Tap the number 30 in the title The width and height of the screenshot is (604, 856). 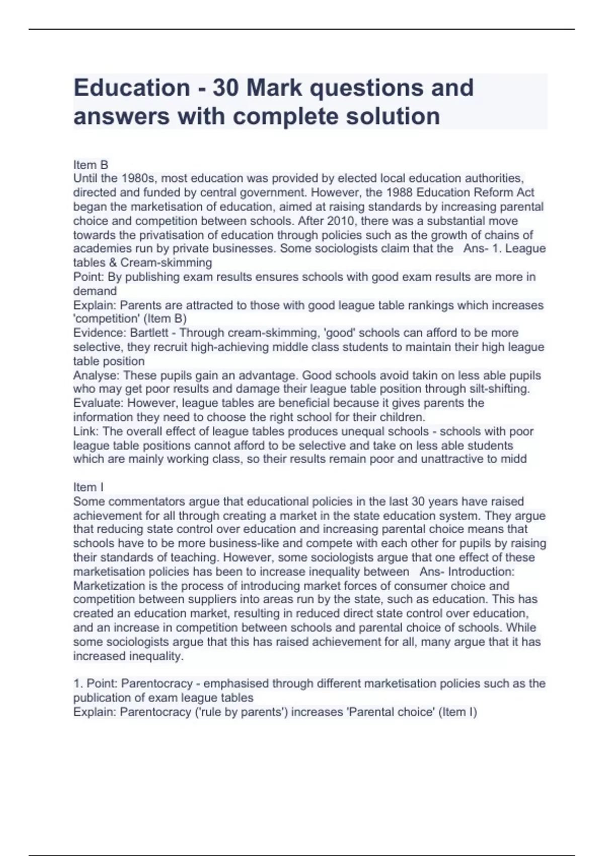point(225,88)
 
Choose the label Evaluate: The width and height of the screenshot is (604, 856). point(98,403)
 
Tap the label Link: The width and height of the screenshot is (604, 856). point(86,432)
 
